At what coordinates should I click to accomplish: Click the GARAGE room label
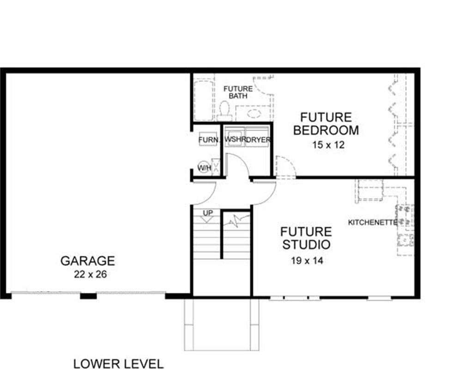pyautogui.click(x=87, y=261)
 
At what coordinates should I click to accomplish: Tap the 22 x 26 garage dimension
pyautogui.click(x=90, y=274)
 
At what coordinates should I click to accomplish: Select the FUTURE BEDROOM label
pyautogui.click(x=326, y=124)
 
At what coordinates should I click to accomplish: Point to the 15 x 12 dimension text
pyautogui.click(x=328, y=145)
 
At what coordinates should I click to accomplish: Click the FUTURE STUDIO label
pyautogui.click(x=306, y=238)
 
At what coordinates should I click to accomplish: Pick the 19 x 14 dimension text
pyautogui.click(x=307, y=261)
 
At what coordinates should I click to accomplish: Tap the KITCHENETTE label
pyautogui.click(x=372, y=223)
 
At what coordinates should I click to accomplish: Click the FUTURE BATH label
pyautogui.click(x=238, y=92)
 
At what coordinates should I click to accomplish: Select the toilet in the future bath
pyautogui.click(x=225, y=111)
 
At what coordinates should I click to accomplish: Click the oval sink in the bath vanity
pyautogui.click(x=254, y=113)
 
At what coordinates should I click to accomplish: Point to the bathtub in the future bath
pyautogui.click(x=204, y=100)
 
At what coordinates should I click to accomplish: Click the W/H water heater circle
pyautogui.click(x=204, y=168)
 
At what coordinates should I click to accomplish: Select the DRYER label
pyautogui.click(x=258, y=140)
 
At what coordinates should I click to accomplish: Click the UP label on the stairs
pyautogui.click(x=208, y=213)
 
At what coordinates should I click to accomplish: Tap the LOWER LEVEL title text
pyautogui.click(x=118, y=364)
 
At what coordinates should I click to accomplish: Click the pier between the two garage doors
pyautogui.click(x=88, y=296)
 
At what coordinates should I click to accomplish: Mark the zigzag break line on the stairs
pyautogui.click(x=237, y=220)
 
